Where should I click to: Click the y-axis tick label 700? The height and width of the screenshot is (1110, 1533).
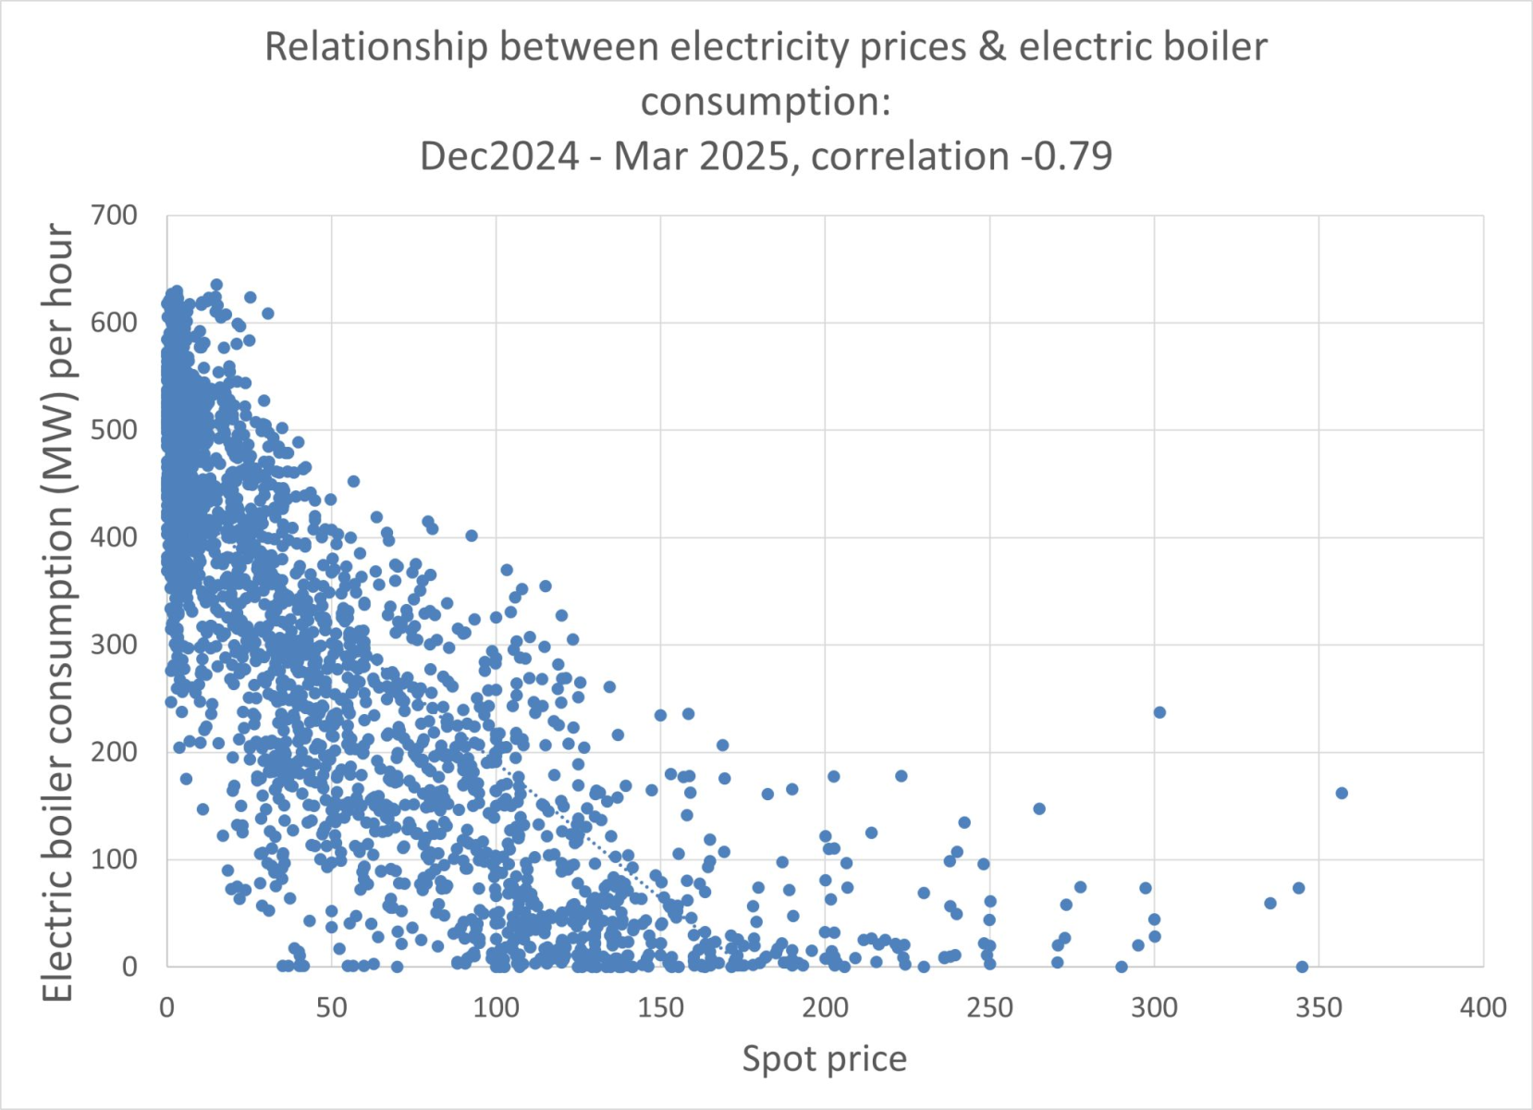pos(114,216)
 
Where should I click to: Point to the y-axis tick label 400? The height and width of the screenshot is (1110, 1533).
pos(114,537)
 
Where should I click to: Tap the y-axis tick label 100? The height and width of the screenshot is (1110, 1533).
pos(114,859)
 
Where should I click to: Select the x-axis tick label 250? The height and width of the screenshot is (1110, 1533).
pos(989,1007)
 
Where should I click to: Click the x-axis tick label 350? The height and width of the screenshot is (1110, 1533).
pos(1318,1007)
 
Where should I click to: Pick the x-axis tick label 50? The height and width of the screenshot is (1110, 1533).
pos(331,1007)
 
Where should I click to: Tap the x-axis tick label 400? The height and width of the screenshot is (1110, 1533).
pos(1483,1007)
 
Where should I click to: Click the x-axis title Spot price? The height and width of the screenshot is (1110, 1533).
pos(824,1059)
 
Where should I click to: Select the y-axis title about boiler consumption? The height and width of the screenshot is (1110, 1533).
pos(57,610)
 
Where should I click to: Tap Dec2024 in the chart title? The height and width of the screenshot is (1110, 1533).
pos(499,155)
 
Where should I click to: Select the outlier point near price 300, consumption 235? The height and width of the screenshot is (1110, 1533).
pos(1159,712)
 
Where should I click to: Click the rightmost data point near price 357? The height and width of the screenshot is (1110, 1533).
pos(1342,793)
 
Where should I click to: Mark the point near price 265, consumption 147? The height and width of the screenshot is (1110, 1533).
pos(1039,808)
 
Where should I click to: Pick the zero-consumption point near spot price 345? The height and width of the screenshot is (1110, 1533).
pos(1302,967)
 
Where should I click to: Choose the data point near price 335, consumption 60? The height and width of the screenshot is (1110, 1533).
pos(1270,903)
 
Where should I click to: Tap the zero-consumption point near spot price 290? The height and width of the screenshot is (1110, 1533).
pos(1122,967)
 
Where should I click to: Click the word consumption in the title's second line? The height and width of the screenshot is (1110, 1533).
pos(766,101)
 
